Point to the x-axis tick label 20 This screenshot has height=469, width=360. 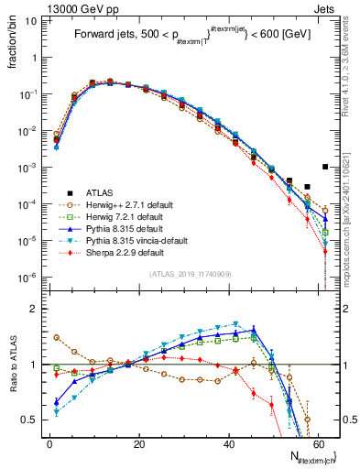[137, 442]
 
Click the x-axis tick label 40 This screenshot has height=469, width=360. [227, 442]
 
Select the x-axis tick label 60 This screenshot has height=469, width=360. [317, 442]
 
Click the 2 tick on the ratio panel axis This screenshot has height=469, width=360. [36, 310]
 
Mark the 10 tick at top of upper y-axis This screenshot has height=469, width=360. [32, 20]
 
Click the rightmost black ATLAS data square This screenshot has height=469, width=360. [326, 167]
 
